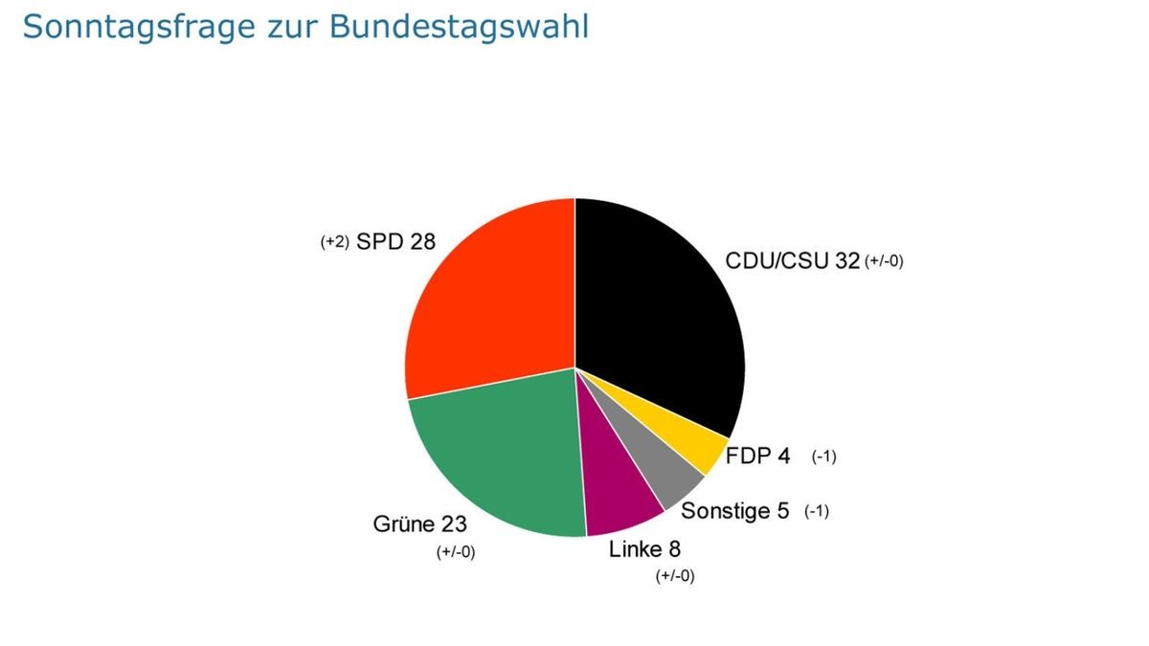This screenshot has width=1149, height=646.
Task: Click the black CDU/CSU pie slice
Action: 661,306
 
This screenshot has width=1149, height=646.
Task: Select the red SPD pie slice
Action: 488,297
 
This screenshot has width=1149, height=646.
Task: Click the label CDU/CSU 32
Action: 792,261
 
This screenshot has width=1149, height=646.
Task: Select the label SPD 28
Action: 395,242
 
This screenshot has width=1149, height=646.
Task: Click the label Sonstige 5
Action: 734,511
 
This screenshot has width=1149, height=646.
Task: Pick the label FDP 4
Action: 758,456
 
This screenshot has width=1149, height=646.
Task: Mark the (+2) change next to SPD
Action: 335,243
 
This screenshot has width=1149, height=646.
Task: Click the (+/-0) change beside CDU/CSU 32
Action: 884,261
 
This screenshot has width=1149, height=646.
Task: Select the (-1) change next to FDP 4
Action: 823,457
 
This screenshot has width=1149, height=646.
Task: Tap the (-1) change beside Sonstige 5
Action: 816,511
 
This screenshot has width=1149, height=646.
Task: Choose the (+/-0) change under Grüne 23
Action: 456,551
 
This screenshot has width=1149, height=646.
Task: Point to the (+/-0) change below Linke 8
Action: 674,575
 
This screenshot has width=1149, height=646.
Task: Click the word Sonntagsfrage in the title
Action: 125,27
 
